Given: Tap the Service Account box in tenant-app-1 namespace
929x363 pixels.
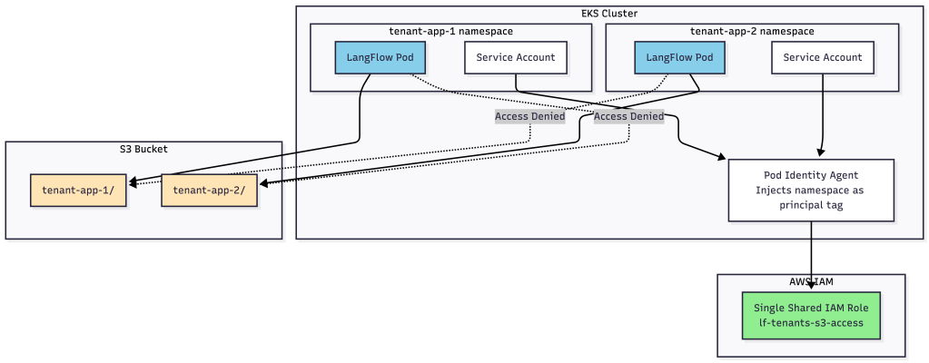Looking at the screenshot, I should click(x=516, y=57).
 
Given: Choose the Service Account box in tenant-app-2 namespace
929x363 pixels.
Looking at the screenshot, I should click(x=823, y=57).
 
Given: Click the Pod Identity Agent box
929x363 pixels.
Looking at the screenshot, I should click(x=811, y=190).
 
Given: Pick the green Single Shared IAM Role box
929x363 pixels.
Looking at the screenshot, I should click(x=811, y=315).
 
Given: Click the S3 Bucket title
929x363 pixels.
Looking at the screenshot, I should click(x=143, y=149).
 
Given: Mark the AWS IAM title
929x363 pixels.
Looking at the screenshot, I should click(x=811, y=282).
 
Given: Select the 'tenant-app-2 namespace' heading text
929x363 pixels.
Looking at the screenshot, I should click(x=752, y=31).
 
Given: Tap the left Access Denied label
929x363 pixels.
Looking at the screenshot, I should click(x=529, y=116).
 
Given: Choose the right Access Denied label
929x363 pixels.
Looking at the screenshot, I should click(x=628, y=116).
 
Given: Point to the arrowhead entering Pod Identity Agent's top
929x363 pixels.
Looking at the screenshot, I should click(x=822, y=154).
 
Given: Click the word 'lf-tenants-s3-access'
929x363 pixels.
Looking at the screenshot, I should click(x=811, y=324).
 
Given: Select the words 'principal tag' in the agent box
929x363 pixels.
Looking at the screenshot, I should click(x=811, y=205).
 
